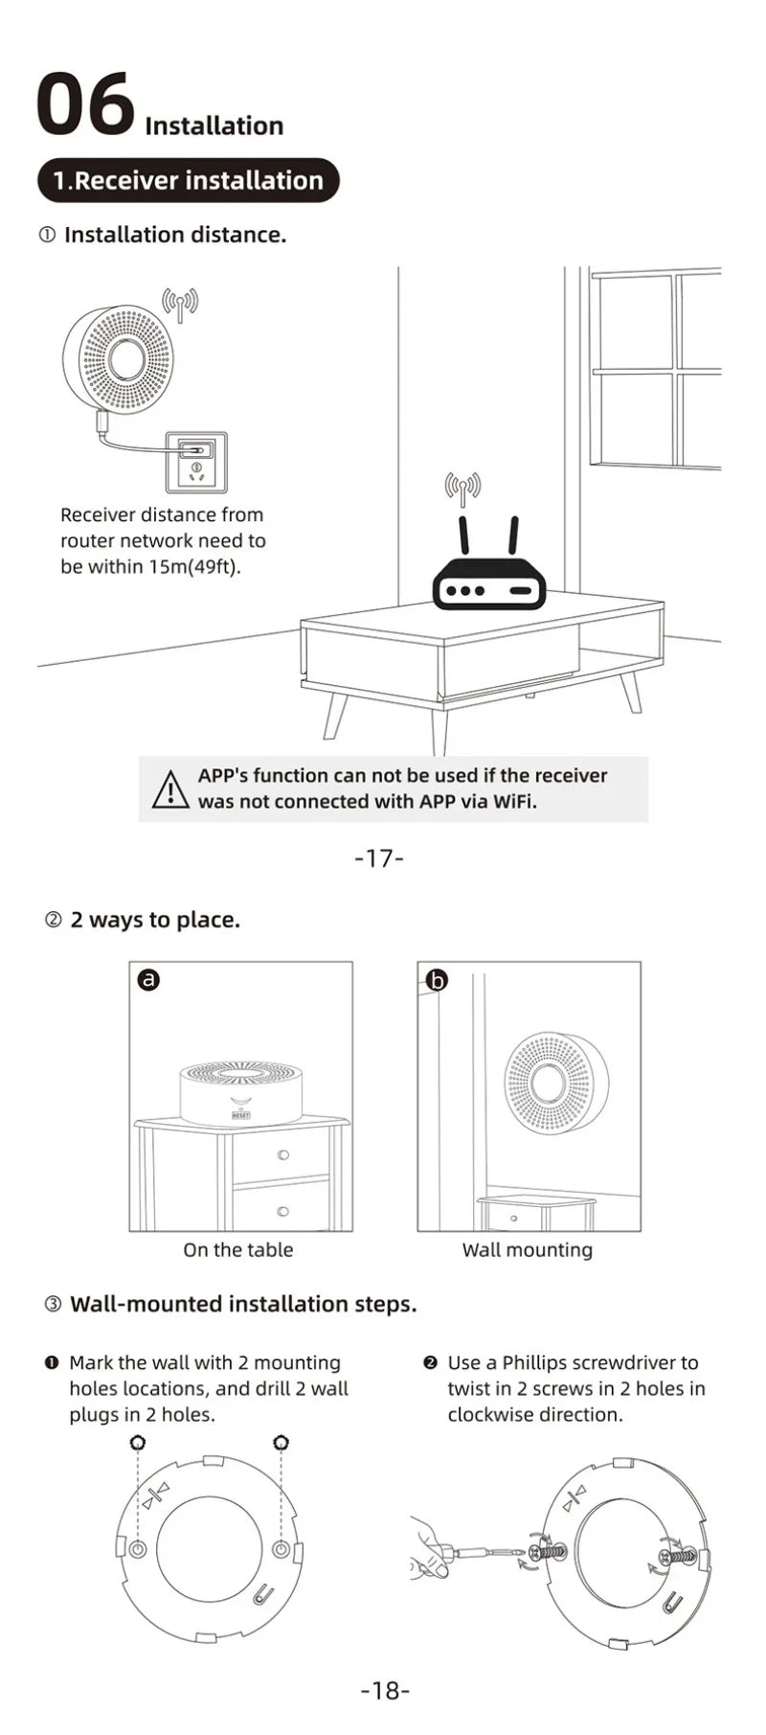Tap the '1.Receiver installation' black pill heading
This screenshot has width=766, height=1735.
[189, 180]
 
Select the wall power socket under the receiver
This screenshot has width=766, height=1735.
[196, 459]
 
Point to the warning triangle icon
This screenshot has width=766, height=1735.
[170, 788]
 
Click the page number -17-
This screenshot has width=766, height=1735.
[379, 857]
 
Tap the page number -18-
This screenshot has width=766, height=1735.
[384, 1690]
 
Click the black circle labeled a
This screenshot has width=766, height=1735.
[148, 979]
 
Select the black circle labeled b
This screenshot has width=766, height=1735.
[437, 979]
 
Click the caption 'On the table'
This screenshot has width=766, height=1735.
[237, 1249]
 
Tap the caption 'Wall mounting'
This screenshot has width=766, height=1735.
[527, 1249]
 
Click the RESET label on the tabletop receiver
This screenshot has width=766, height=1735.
[240, 1116]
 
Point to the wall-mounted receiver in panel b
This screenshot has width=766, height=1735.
[550, 1083]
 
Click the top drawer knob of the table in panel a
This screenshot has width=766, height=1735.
[282, 1154]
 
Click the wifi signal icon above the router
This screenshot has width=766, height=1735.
[462, 490]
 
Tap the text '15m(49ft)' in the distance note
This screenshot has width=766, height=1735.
[195, 566]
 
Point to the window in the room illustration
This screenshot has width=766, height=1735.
[656, 369]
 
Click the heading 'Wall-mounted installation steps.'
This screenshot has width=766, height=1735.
[243, 1304]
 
